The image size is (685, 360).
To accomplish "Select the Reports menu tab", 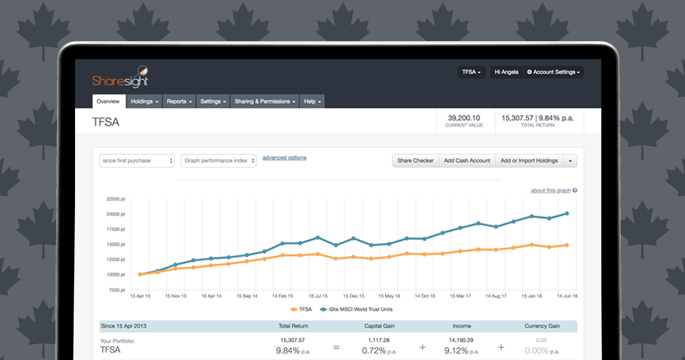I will [179, 102].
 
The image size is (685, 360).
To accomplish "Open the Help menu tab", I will [312, 102].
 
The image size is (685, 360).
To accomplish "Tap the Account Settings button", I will [554, 72].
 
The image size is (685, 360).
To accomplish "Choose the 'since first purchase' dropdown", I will [137, 161].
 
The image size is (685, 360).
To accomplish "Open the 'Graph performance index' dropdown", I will [218, 161].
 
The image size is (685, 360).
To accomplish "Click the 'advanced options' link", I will [284, 158].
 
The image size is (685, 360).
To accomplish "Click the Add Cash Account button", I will [467, 161].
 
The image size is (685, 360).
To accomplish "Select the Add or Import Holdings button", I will [529, 161].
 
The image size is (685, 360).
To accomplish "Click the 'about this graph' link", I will [551, 190].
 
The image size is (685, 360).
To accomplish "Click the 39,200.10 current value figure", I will [464, 118].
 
